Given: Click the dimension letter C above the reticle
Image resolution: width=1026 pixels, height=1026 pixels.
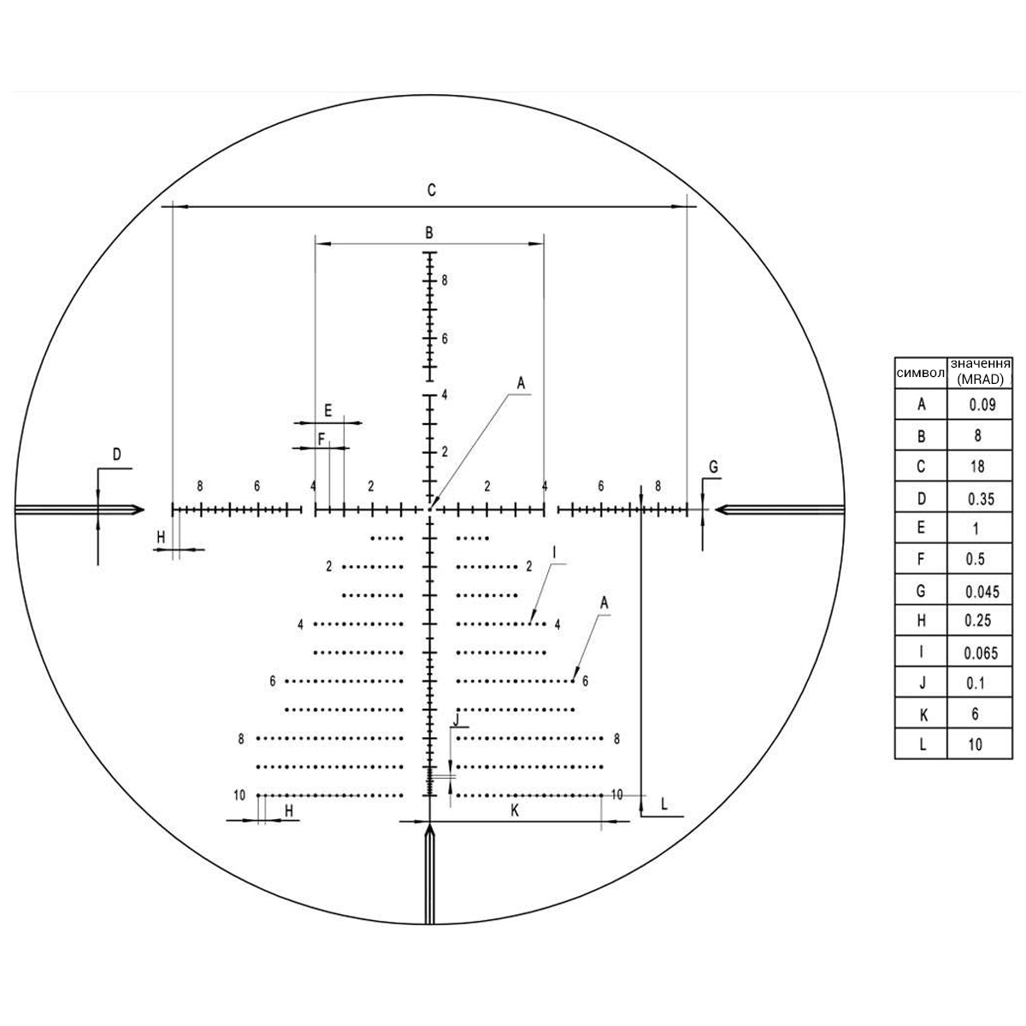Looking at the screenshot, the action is click(x=431, y=190).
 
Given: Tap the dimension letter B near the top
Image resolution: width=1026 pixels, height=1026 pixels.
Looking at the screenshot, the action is click(x=429, y=233).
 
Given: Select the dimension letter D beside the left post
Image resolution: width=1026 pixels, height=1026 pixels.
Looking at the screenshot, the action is click(x=116, y=455).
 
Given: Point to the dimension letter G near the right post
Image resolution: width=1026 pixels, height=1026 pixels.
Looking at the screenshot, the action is click(x=713, y=467).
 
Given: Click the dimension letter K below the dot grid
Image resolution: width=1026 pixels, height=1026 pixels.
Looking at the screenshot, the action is click(x=515, y=811).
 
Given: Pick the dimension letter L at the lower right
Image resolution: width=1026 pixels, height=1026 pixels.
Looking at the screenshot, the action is click(x=664, y=804).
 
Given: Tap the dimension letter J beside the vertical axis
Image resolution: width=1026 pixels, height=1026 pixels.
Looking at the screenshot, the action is click(x=456, y=720).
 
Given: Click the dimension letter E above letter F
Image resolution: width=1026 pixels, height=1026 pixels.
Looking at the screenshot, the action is click(x=328, y=410).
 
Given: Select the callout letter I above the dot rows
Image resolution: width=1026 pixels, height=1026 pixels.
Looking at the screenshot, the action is click(x=554, y=552).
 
